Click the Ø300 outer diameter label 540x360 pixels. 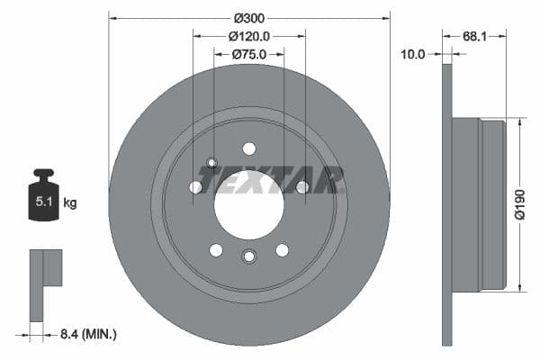click(249, 18)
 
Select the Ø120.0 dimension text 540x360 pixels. click(249, 36)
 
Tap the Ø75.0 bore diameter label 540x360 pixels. click(249, 54)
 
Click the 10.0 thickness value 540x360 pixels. click(412, 55)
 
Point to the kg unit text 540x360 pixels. click(70, 203)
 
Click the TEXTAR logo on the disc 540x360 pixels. click(271, 180)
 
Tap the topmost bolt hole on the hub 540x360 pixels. click(249, 148)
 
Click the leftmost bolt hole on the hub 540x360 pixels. click(195, 187)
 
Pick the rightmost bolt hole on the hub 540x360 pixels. click(302, 187)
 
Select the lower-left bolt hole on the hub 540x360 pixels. click(216, 249)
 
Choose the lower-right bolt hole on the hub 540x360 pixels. click(282, 249)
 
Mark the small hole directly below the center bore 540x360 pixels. click(249, 256)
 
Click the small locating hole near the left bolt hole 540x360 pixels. click(212, 163)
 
